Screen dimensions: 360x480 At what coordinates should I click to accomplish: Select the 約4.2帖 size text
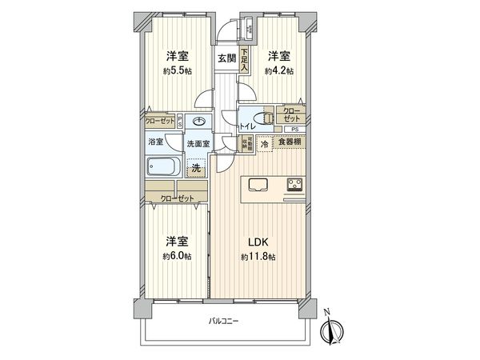pos(278,70)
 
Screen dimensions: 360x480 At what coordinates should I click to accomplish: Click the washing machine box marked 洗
pos(196,168)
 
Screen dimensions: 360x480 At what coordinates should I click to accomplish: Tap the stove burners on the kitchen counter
pos(293,186)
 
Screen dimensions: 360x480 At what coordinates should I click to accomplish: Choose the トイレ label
pos(249,126)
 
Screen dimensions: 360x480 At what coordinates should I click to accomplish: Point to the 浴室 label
pos(156,142)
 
